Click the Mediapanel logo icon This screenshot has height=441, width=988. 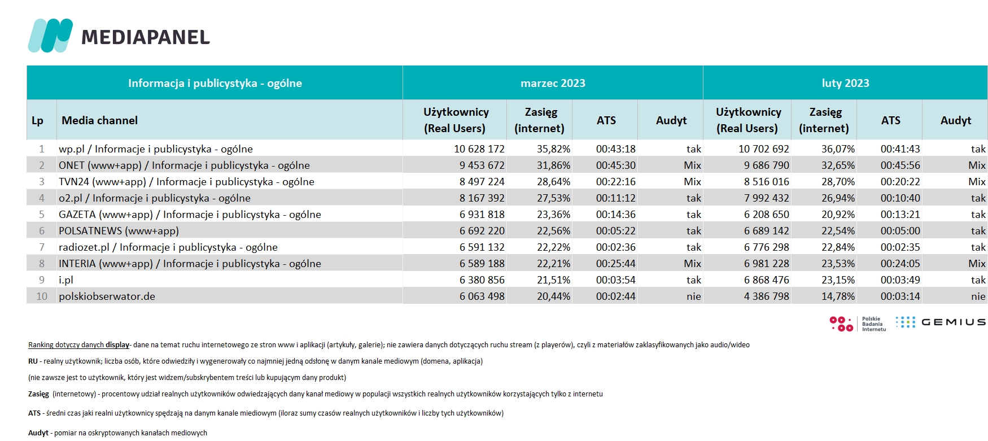(x=50, y=36)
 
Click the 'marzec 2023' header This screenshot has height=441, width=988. (x=553, y=83)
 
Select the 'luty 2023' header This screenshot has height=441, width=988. (x=845, y=83)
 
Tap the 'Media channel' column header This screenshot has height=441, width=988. (x=99, y=120)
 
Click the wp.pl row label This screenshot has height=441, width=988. (x=156, y=149)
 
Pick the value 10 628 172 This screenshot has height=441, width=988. (x=479, y=149)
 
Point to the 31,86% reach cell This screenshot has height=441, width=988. (x=553, y=165)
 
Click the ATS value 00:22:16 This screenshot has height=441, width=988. (x=616, y=182)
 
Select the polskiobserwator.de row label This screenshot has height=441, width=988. (x=107, y=296)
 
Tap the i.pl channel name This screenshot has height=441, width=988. (x=66, y=280)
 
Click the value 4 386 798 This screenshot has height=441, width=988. (x=767, y=296)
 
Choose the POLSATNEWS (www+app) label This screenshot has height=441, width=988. (x=119, y=231)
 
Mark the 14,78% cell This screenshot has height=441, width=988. (x=838, y=296)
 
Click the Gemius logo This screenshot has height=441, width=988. (x=941, y=322)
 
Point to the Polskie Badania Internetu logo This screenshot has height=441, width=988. (x=858, y=324)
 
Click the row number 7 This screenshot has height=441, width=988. (x=42, y=247)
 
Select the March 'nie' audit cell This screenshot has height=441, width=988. (x=694, y=296)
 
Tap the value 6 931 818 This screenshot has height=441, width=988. (x=482, y=215)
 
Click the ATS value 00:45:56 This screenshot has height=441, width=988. (x=900, y=165)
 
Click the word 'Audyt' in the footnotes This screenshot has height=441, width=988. (x=38, y=433)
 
